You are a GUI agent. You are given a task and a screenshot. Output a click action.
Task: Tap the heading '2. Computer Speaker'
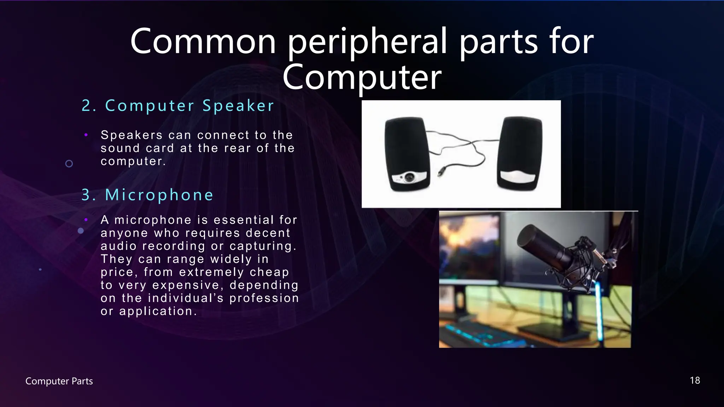pos(178,106)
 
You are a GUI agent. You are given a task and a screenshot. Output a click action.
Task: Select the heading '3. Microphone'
pos(147,195)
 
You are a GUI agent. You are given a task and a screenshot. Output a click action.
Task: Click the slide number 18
pos(695,381)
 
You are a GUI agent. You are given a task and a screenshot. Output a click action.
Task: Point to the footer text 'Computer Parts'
pos(59,381)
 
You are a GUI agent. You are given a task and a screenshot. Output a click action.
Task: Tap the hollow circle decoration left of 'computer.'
pos(69,164)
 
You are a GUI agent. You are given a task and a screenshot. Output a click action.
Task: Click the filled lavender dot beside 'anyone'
pos(81,231)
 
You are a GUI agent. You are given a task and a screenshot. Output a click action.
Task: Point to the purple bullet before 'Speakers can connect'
pos(86,135)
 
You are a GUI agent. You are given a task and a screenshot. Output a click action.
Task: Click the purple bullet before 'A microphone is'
pos(86,220)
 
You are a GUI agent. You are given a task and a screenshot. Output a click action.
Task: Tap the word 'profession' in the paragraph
pos(264,298)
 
